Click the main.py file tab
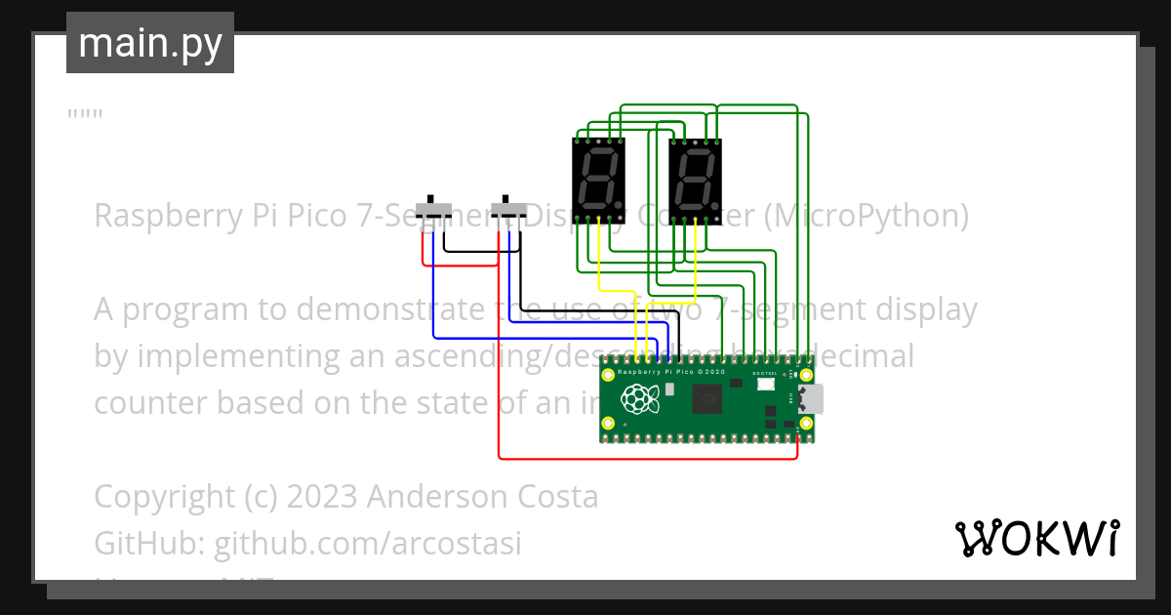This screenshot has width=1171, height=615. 150,43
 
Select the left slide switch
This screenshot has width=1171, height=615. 433,209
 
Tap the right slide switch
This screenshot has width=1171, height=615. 507,209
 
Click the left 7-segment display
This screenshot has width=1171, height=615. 598,181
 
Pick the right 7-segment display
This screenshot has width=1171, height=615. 696,181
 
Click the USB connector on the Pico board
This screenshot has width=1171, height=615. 811,399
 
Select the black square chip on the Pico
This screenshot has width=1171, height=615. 707,399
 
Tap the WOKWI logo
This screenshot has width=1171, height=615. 1036,538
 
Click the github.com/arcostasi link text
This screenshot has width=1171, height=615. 368,543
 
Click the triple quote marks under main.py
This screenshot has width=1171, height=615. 85,115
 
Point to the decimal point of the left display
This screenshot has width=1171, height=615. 620,206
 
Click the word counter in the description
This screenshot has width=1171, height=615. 151,402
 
